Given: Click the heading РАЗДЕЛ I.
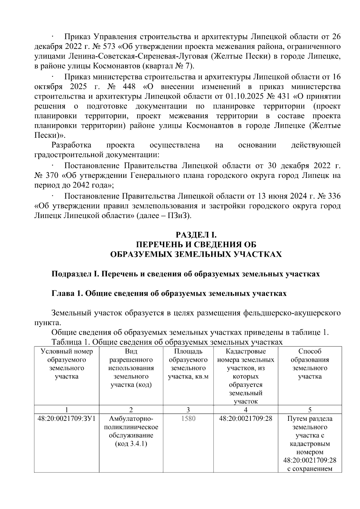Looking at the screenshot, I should pyautogui.click(x=198, y=235).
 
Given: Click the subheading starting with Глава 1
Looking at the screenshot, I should pyautogui.click(x=169, y=293).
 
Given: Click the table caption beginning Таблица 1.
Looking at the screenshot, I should pyautogui.click(x=167, y=342).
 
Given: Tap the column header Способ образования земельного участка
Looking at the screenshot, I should pyautogui.click(x=310, y=364).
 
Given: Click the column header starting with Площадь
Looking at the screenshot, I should pyautogui.click(x=188, y=364).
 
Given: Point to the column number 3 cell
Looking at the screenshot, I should pyautogui.click(x=188, y=410).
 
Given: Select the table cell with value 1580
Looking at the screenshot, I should pyautogui.click(x=188, y=418).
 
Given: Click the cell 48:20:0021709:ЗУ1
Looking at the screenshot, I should pyautogui.click(x=66, y=418).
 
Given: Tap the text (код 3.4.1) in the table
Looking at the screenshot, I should pyautogui.click(x=131, y=444).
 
